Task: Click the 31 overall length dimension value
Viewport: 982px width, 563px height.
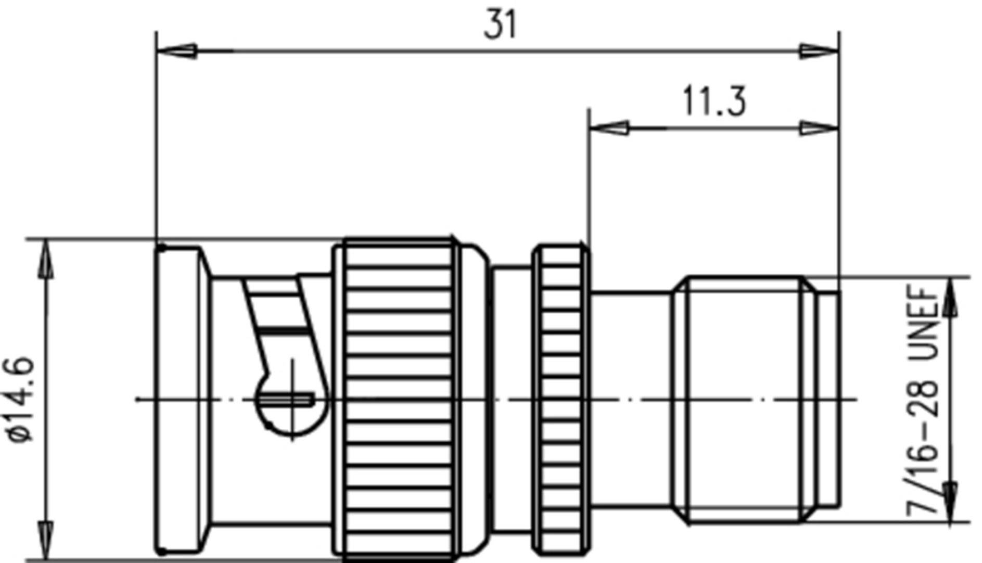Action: pyautogui.click(x=500, y=24)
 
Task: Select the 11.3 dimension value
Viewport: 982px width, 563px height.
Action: pyautogui.click(x=713, y=101)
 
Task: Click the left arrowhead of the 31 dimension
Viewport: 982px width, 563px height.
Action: pyautogui.click(x=177, y=51)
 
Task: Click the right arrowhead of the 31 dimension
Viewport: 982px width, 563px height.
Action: pyautogui.click(x=819, y=51)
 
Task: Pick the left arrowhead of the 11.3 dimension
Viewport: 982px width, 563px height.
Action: pyautogui.click(x=609, y=127)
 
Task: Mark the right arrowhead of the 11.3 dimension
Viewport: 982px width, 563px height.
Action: pyautogui.click(x=819, y=127)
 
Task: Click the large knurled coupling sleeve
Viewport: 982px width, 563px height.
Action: pyautogui.click(x=398, y=400)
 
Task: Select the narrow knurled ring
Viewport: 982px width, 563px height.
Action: pyautogui.click(x=561, y=400)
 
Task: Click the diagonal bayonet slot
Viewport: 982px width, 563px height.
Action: pyautogui.click(x=281, y=323)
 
